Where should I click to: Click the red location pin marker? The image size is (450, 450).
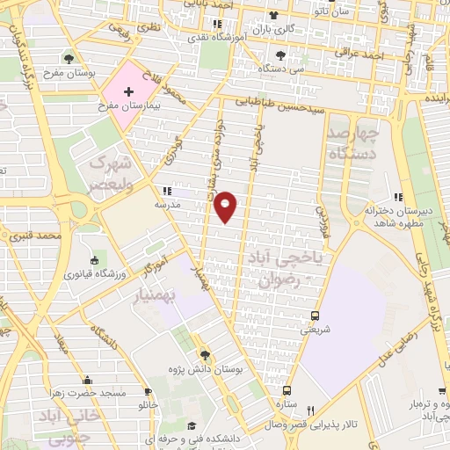[x=226, y=207]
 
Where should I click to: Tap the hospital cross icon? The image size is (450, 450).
[x=129, y=91]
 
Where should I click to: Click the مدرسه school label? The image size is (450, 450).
[x=167, y=204]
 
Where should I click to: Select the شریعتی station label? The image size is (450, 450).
[x=316, y=330]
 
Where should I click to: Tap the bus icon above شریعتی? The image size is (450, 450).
[x=316, y=316]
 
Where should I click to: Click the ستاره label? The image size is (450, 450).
[x=287, y=405]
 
